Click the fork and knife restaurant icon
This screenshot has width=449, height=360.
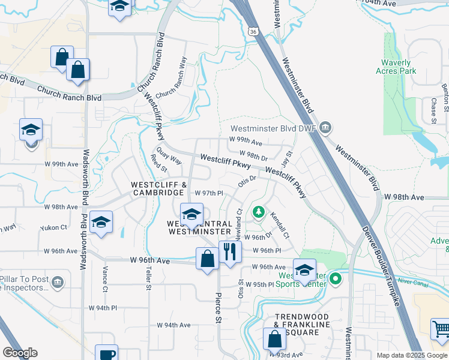click(x=229, y=251)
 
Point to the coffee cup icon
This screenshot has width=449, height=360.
click(x=107, y=355)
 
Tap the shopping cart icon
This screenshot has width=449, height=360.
click(x=440, y=329)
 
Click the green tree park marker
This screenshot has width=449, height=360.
click(x=258, y=211)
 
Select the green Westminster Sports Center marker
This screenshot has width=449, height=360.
click(x=336, y=278)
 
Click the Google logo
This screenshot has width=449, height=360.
click(x=20, y=352)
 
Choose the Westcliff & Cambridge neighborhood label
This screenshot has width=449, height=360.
click(x=151, y=188)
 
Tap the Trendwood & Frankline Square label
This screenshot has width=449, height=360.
click(x=303, y=320)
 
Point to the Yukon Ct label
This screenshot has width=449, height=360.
click(x=53, y=228)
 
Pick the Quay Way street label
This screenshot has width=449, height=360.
click(x=168, y=155)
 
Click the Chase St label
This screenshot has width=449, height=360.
click(x=433, y=110)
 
